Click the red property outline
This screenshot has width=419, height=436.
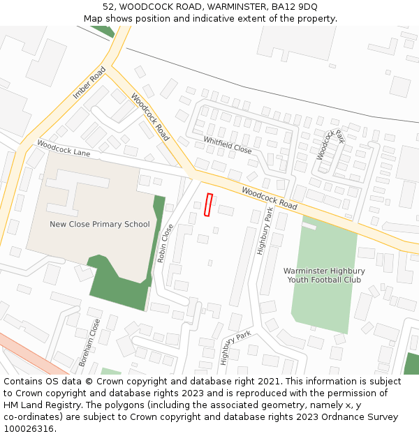[x=208, y=204]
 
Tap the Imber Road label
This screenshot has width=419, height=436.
[x=89, y=82]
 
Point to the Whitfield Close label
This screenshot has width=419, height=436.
[x=228, y=144]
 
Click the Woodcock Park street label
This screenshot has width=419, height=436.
[x=330, y=144]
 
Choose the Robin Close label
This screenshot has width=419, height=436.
[x=166, y=243]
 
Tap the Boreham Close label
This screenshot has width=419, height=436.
[x=89, y=343]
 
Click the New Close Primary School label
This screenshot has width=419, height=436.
[x=100, y=224]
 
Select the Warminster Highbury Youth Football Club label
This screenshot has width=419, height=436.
[x=323, y=275]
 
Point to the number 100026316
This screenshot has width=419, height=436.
[x=29, y=429]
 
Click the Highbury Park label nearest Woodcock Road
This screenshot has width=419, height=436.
[x=264, y=231]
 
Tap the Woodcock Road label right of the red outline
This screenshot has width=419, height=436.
[x=270, y=198]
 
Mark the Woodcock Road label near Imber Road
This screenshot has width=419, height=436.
[x=150, y=117]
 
